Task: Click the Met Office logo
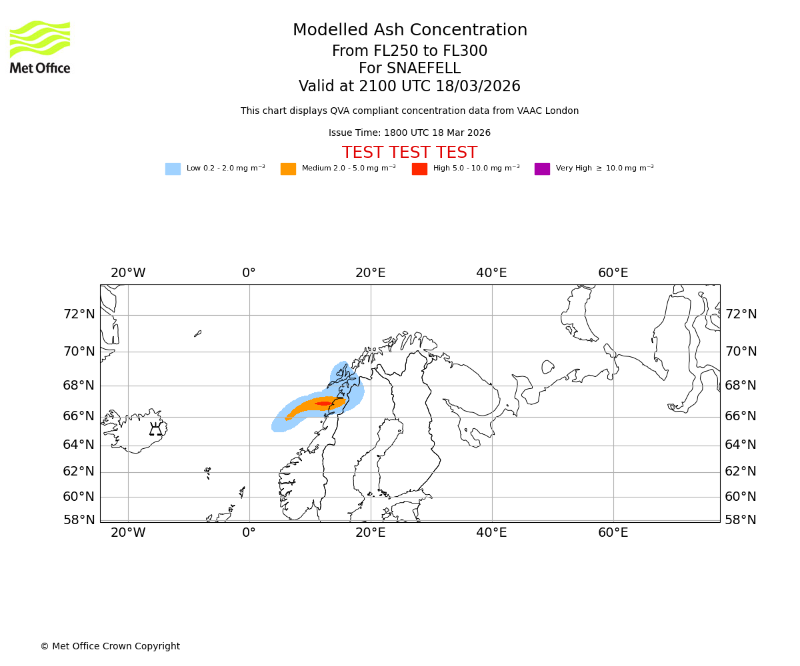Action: click(40, 47)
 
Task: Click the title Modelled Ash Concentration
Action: click(409, 31)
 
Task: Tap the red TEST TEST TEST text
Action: click(409, 153)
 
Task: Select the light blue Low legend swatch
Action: click(173, 169)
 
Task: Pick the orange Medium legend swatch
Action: click(288, 169)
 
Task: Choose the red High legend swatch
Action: click(419, 169)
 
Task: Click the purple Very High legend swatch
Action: click(542, 169)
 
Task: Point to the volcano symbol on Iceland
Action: click(155, 430)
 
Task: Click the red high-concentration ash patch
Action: click(324, 404)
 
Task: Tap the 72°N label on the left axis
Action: click(79, 314)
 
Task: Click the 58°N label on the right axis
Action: click(741, 520)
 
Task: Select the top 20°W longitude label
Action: click(128, 273)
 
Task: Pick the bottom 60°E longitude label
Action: click(613, 533)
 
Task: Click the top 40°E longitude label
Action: click(491, 273)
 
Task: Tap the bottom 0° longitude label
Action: click(249, 533)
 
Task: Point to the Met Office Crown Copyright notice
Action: click(110, 647)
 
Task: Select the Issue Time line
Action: click(409, 133)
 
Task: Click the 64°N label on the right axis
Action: click(741, 445)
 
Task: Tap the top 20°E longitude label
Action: click(370, 273)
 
